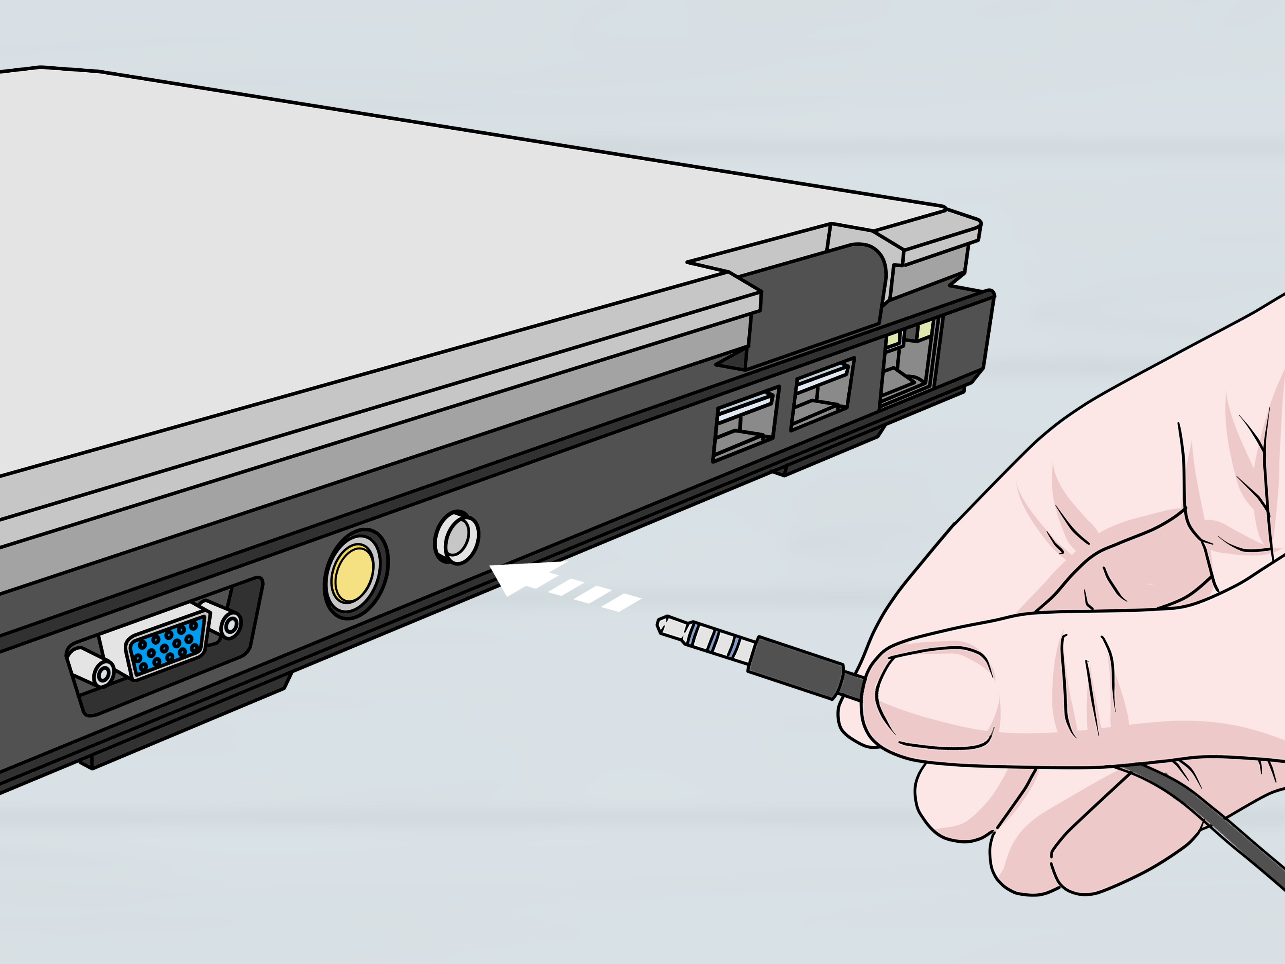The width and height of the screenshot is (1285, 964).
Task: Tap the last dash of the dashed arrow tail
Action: [622, 602]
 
